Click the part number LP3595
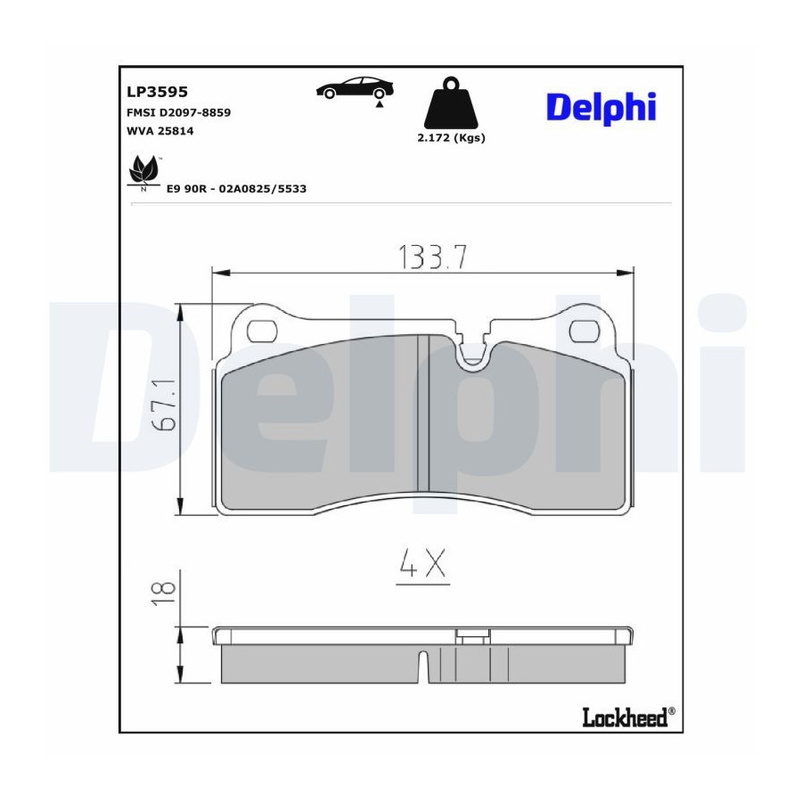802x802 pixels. click(x=157, y=92)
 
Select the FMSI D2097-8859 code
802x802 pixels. click(x=178, y=112)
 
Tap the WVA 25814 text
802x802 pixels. click(x=160, y=131)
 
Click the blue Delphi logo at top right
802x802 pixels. click(x=601, y=108)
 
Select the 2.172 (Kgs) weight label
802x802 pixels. click(x=451, y=137)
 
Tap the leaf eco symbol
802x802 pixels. click(x=143, y=172)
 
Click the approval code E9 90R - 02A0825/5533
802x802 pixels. click(x=236, y=189)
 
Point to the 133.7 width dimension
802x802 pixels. click(x=432, y=258)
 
